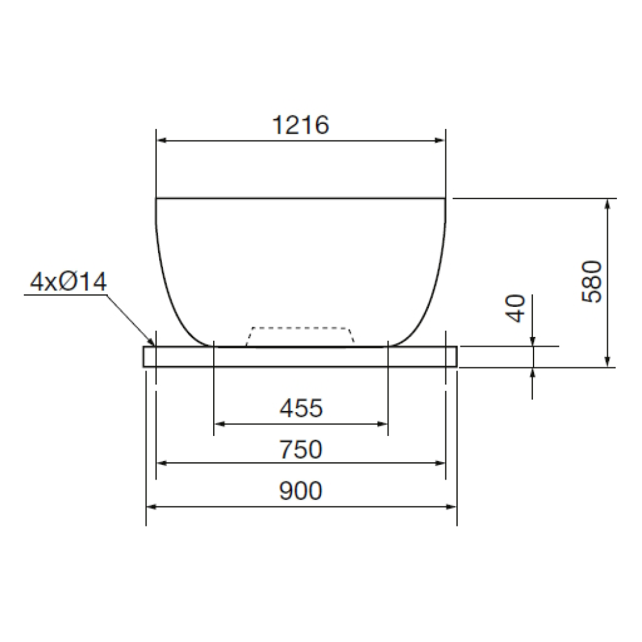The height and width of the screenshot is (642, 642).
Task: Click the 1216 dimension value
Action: pyautogui.click(x=300, y=125)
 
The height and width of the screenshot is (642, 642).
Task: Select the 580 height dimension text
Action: pyautogui.click(x=592, y=281)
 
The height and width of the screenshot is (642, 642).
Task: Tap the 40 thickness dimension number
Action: pyautogui.click(x=516, y=308)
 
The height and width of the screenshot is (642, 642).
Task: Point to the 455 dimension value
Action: pyautogui.click(x=301, y=408)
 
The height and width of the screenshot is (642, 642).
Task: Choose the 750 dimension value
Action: pyautogui.click(x=301, y=449)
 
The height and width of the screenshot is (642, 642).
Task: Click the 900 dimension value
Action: pyautogui.click(x=301, y=490)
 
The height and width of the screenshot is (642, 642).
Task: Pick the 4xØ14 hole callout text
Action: pyautogui.click(x=69, y=282)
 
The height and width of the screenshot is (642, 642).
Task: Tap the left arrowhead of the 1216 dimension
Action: pyautogui.click(x=161, y=141)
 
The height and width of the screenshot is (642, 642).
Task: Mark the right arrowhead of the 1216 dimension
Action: pyautogui.click(x=440, y=141)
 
